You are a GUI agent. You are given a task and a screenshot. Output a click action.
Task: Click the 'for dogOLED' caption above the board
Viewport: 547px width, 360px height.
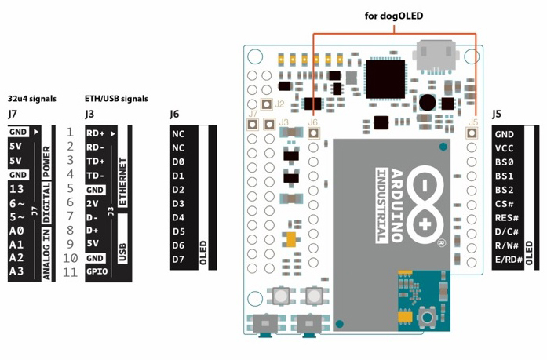pyautogui.click(x=395, y=15)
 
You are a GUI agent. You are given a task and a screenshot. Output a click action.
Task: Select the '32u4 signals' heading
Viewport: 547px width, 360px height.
pyautogui.click(x=31, y=99)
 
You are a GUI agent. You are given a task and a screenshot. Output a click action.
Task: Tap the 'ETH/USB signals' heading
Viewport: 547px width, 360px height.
pyautogui.click(x=116, y=99)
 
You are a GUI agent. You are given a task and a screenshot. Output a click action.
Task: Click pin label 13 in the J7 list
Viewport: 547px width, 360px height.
pyautogui.click(x=17, y=188)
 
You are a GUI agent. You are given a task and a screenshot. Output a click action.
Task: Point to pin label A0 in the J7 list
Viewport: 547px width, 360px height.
pyautogui.click(x=16, y=230)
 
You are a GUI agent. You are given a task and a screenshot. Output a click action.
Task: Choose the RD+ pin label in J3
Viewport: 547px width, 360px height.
pyautogui.click(x=96, y=133)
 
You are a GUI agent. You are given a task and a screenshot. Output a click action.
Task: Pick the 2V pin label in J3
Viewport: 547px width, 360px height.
pyautogui.click(x=92, y=202)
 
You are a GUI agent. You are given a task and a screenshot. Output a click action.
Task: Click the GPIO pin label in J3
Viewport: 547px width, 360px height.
pyautogui.click(x=97, y=271)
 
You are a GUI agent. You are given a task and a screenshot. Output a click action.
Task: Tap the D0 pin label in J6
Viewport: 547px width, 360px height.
pyautogui.click(x=179, y=162)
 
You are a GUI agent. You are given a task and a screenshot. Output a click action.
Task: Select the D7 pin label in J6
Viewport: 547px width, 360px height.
pyautogui.click(x=179, y=259)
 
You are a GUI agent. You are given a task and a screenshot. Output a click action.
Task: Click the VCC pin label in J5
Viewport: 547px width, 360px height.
pyautogui.click(x=505, y=148)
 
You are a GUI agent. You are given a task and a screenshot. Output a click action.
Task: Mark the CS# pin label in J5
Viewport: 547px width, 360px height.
pyautogui.click(x=505, y=204)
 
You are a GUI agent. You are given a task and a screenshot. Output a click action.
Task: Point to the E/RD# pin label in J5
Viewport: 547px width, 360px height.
pyautogui.click(x=508, y=260)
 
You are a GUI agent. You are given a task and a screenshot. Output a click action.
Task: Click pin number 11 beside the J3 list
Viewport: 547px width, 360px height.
pyautogui.click(x=71, y=272)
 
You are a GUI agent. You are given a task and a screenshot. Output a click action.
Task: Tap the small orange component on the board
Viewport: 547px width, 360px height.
pyautogui.click(x=291, y=239)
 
